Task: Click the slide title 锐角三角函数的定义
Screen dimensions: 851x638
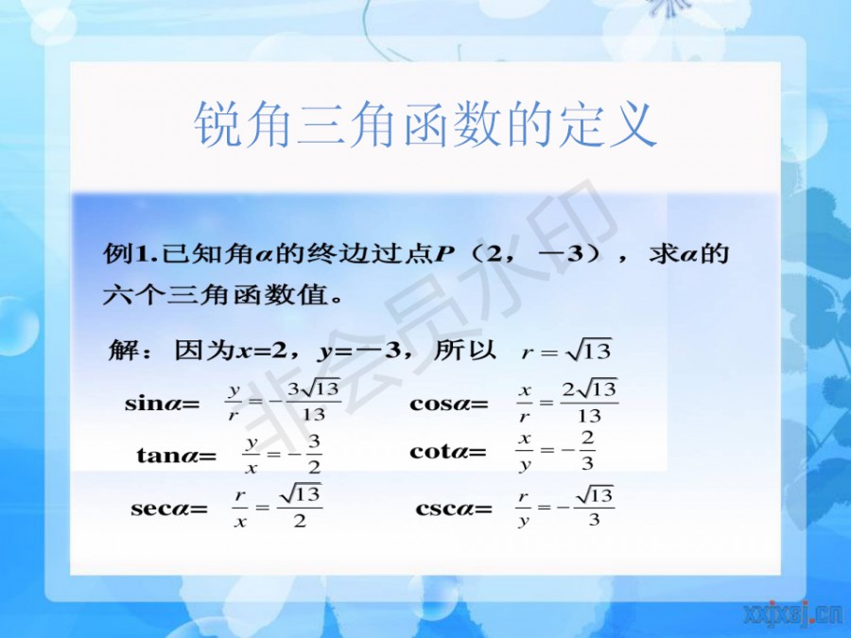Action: pos(425,125)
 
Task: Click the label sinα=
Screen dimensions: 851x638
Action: pos(163,405)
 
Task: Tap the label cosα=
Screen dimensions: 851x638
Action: pos(449,405)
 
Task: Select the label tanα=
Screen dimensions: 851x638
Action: pos(177,455)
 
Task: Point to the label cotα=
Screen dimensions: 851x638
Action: pos(448,452)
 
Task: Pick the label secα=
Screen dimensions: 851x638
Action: pos(169,509)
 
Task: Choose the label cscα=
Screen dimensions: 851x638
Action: pos(454,509)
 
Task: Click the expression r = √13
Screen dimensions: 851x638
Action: pos(566,351)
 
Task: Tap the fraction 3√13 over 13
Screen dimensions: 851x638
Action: pos(314,401)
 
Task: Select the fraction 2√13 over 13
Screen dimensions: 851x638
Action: pos(590,402)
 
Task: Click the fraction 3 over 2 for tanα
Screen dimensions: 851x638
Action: pos(314,454)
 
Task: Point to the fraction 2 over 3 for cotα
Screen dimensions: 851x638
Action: pos(587,450)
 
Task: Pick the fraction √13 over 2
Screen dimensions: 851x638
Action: pos(300,506)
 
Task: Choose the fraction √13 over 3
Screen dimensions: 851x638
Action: pos(595,506)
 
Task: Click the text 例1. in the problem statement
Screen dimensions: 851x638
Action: pos(131,253)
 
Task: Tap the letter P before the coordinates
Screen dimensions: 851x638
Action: pos(444,254)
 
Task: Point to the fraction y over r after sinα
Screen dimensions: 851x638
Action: pos(234,403)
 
